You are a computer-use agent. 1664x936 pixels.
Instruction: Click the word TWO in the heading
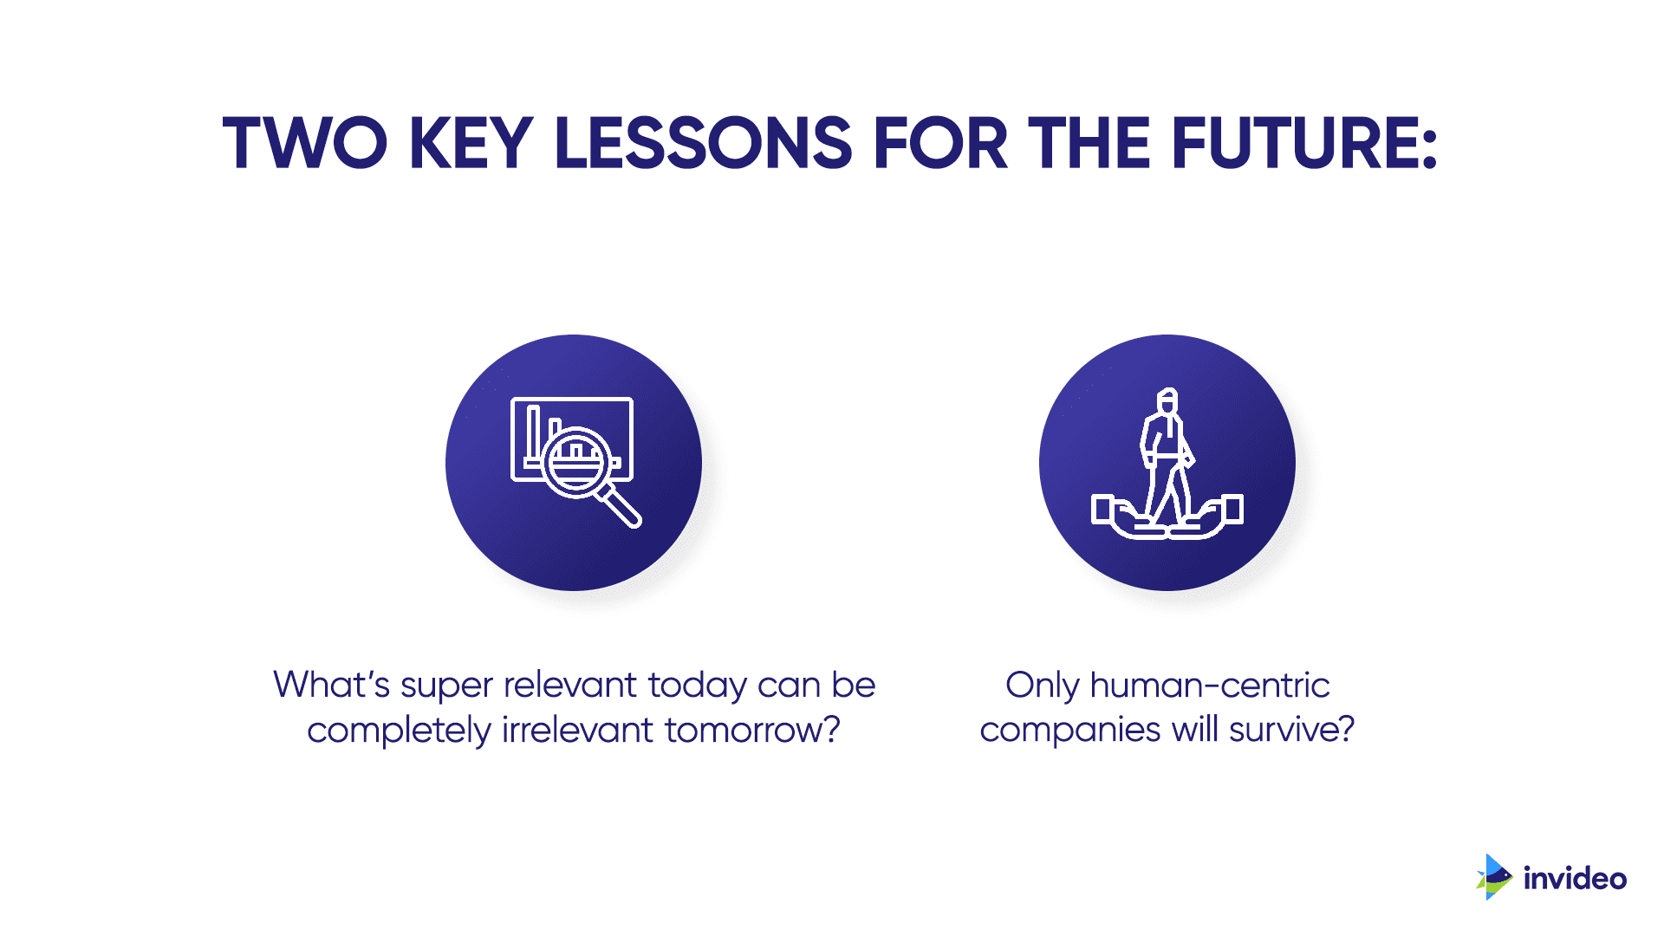[x=305, y=143]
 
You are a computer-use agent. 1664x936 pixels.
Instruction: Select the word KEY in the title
[x=471, y=143]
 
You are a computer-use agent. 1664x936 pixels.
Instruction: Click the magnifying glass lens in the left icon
[x=576, y=463]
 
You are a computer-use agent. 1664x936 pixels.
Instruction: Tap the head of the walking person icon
[x=1167, y=400]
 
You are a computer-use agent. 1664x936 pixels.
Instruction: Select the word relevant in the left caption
[x=570, y=685]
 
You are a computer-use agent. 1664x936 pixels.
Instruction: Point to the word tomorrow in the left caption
[x=752, y=731]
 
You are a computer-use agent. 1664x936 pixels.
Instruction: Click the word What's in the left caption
[x=332, y=685]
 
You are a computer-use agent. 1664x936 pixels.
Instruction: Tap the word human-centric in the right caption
[x=1210, y=685]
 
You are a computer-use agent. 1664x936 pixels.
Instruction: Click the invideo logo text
[x=1575, y=879]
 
